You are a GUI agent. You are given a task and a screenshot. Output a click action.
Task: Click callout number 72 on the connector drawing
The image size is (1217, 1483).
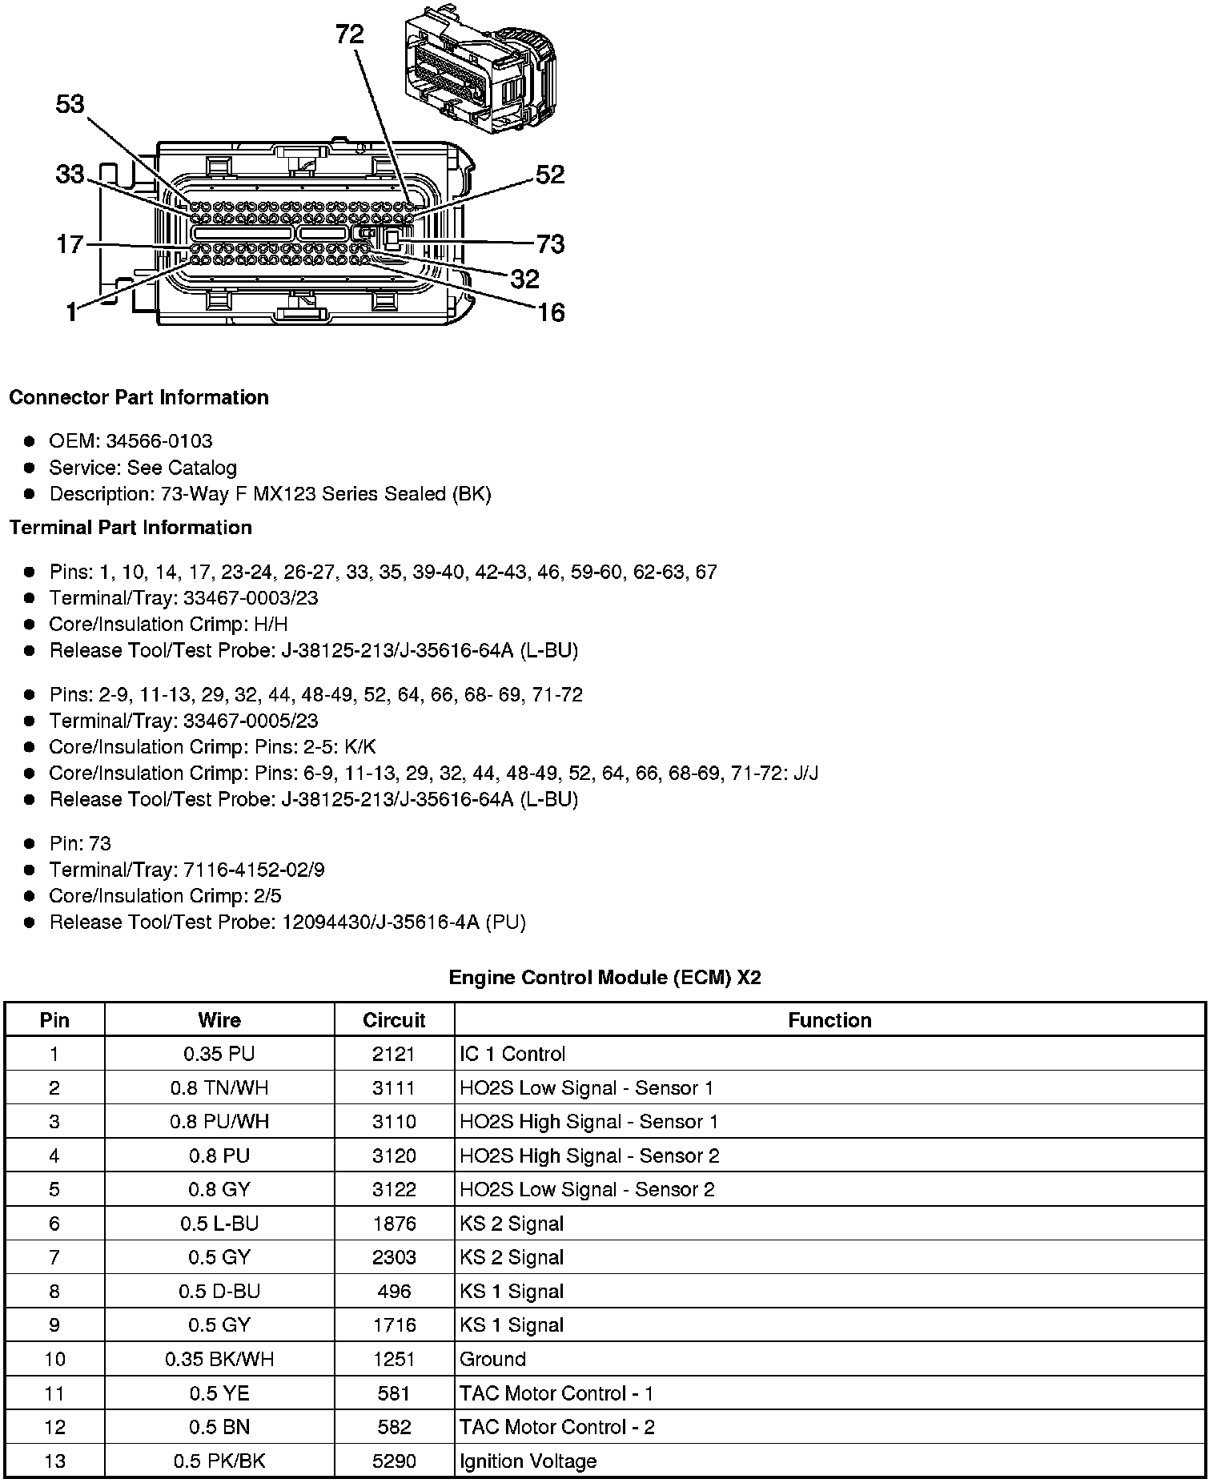click(350, 34)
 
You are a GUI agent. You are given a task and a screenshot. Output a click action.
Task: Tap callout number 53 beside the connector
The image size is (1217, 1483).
click(70, 104)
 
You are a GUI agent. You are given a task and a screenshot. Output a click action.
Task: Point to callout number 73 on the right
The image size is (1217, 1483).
click(550, 243)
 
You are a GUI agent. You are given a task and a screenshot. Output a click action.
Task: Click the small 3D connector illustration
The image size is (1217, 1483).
click(479, 70)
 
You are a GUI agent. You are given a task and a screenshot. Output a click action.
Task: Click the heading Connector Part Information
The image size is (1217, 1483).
click(139, 398)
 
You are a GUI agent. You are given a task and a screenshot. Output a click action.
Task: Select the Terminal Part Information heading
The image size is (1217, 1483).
click(131, 528)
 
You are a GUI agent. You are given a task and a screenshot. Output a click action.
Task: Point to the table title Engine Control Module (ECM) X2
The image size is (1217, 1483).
click(604, 978)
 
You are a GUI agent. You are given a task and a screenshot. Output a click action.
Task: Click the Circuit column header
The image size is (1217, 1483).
click(394, 1020)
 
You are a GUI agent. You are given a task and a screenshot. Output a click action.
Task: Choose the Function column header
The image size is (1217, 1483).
click(829, 1020)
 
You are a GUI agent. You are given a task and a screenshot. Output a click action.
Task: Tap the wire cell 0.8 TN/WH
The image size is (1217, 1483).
click(219, 1088)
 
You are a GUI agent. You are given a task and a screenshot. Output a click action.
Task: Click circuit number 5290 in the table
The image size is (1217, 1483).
click(394, 1461)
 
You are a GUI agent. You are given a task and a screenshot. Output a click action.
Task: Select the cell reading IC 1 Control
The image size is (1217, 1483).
click(512, 1055)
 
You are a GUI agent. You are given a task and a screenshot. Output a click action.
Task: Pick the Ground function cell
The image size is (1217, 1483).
click(492, 1360)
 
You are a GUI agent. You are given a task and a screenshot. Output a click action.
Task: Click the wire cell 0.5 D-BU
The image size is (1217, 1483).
click(219, 1292)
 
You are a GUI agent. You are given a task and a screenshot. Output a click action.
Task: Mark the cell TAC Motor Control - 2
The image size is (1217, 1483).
click(556, 1428)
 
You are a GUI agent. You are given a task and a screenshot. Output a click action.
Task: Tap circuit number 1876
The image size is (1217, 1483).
click(394, 1224)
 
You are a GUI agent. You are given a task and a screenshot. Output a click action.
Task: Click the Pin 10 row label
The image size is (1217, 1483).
click(54, 1360)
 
